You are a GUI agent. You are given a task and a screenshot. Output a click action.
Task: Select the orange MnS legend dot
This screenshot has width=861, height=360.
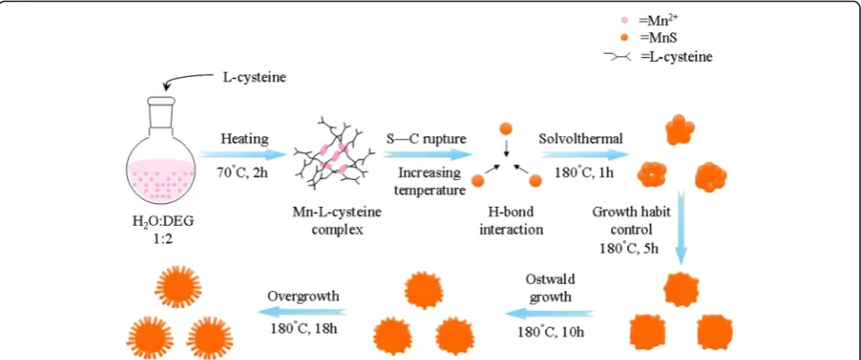point(624,38)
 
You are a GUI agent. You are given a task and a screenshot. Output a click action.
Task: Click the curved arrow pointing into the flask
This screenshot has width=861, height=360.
point(185,81)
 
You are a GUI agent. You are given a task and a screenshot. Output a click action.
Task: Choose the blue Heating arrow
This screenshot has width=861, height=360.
point(243,154)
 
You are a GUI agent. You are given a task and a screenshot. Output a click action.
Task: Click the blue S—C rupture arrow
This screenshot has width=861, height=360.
point(426,154)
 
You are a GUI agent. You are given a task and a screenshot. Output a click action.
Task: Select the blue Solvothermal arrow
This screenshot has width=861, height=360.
point(585,154)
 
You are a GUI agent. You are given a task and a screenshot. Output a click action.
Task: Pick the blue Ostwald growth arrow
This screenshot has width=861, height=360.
point(549,313)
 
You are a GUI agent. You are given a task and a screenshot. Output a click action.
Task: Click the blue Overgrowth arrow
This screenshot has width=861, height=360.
point(303,312)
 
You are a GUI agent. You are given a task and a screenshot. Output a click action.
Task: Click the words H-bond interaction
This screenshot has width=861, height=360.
point(512,220)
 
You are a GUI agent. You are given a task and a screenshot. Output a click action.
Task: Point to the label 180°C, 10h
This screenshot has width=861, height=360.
point(548,331)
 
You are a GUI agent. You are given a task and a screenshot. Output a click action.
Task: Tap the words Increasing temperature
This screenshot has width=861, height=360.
point(430,182)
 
